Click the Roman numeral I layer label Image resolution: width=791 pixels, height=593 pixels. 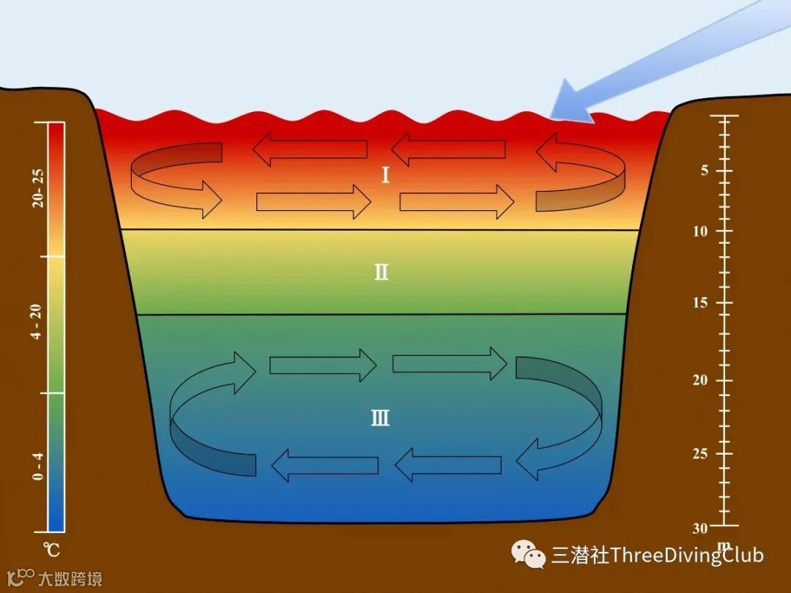click(385, 175)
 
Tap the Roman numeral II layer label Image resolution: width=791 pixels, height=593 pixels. click(381, 273)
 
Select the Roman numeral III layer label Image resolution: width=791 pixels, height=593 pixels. click(380, 419)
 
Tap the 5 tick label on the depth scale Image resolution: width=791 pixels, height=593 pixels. click(704, 171)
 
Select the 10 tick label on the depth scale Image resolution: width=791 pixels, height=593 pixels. click(702, 231)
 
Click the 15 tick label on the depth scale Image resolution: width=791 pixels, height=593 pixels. click(702, 303)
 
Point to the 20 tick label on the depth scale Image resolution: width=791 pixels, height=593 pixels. click(701, 380)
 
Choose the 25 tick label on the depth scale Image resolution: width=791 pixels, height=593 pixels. click(701, 454)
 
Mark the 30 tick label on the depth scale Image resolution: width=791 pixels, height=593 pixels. click(701, 528)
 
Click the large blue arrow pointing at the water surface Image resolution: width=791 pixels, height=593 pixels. click(659, 59)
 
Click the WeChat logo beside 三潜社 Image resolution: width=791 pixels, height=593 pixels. click(529, 554)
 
